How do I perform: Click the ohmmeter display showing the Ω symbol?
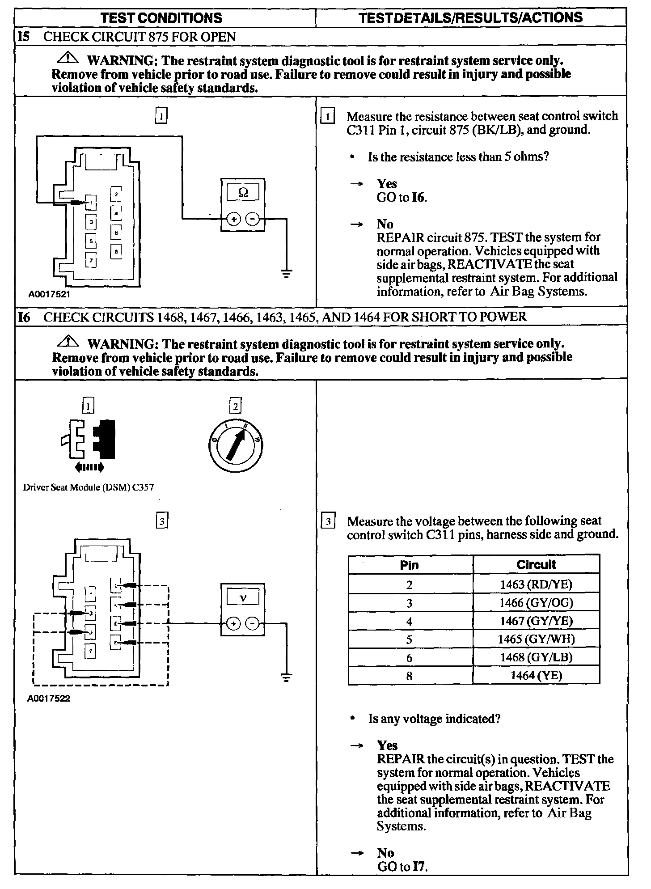click(x=243, y=193)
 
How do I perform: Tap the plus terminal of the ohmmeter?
click(x=234, y=219)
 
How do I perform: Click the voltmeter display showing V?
click(x=243, y=597)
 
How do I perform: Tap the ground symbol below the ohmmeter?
click(x=287, y=273)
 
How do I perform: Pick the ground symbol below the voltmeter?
click(x=287, y=677)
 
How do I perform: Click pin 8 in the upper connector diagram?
click(x=116, y=252)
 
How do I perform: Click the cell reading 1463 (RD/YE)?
click(x=536, y=584)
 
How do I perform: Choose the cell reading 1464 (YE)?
click(x=536, y=675)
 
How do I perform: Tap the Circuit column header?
click(x=536, y=564)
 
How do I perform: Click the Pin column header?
click(x=410, y=565)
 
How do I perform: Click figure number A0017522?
click(x=49, y=698)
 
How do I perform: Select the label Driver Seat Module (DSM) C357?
click(x=89, y=487)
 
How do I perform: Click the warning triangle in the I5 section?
click(x=68, y=58)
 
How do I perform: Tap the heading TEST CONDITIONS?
click(x=161, y=18)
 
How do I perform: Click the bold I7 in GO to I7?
click(x=420, y=867)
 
